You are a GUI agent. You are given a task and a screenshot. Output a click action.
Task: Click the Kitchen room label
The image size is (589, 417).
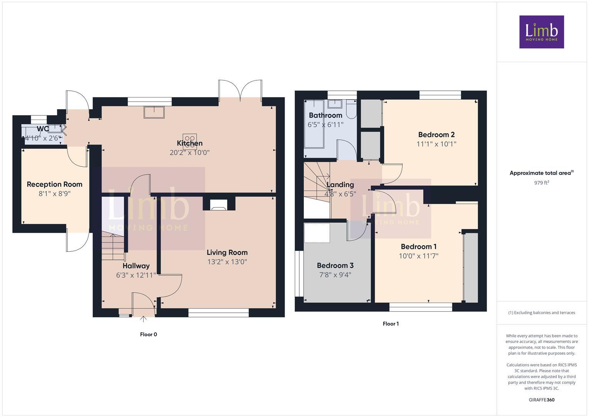[x=190, y=143]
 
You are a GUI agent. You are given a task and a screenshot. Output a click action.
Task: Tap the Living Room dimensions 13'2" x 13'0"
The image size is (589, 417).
[x=227, y=262]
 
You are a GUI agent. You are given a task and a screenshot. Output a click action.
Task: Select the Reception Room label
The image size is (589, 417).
[x=54, y=184]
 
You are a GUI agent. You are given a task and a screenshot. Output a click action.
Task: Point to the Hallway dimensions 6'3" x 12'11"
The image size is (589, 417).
[x=136, y=275]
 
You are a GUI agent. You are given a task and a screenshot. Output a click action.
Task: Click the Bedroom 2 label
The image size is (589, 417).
[x=436, y=134]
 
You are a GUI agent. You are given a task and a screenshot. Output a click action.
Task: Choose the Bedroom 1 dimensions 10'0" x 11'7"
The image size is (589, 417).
[x=419, y=256]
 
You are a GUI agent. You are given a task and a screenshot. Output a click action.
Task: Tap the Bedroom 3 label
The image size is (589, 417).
[x=335, y=265]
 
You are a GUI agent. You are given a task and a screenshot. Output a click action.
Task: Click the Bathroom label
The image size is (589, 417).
[x=325, y=115]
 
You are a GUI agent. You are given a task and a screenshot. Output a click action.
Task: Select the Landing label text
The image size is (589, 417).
[x=340, y=185]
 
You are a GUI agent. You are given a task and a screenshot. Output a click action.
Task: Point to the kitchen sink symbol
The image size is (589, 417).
[x=154, y=112]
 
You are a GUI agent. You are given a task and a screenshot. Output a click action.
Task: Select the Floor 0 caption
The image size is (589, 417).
[x=148, y=334]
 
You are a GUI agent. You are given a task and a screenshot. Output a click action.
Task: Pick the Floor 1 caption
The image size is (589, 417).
[x=390, y=324]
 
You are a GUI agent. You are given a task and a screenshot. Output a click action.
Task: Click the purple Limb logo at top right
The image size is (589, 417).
[x=541, y=32]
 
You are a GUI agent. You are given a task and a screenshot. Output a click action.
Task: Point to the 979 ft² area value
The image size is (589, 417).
[x=541, y=183]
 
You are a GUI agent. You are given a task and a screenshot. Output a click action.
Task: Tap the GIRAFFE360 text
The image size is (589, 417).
[x=541, y=400]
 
